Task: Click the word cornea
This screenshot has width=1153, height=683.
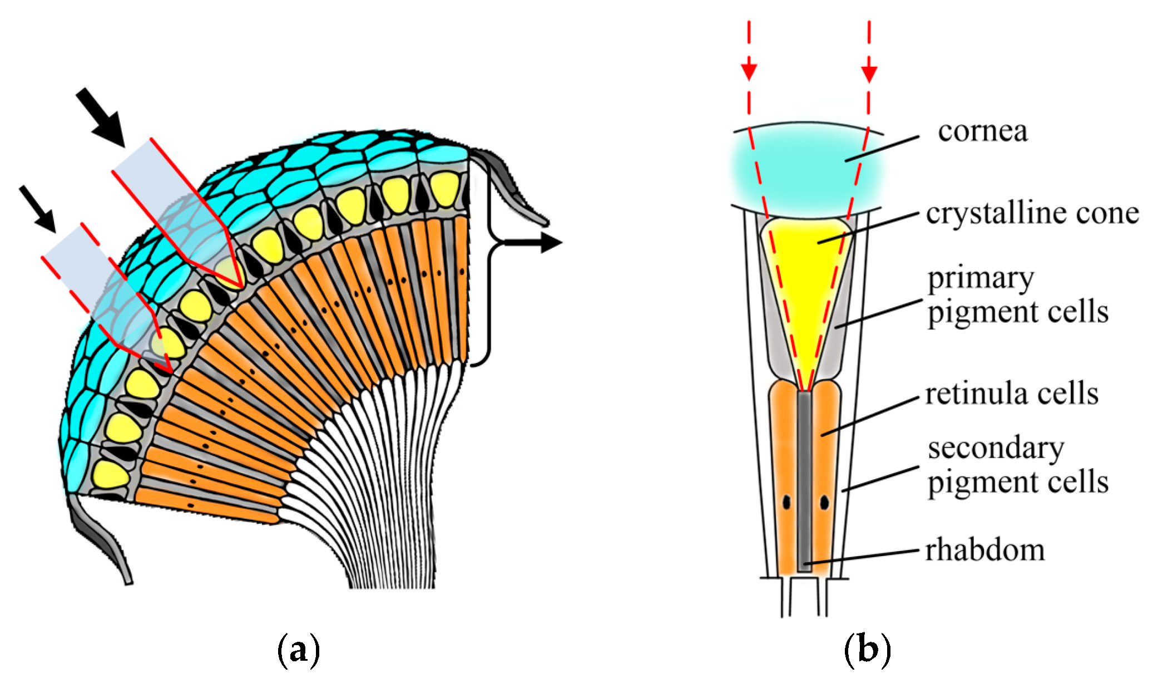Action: tap(983, 132)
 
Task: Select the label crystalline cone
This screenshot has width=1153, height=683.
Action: tap(1032, 214)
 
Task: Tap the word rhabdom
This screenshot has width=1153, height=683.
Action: tap(985, 551)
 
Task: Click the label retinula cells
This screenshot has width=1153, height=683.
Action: tap(1012, 394)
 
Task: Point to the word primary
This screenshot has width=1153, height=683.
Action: tap(981, 278)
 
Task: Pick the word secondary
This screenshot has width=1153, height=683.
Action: tap(996, 449)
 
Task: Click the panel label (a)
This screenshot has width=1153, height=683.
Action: tap(298, 649)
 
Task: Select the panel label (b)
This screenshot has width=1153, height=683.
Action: tap(867, 649)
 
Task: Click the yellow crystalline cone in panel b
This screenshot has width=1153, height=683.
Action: tap(806, 267)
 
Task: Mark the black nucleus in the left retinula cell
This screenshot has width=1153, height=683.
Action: tap(786, 502)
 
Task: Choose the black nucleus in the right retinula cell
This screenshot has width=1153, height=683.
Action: tap(824, 503)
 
